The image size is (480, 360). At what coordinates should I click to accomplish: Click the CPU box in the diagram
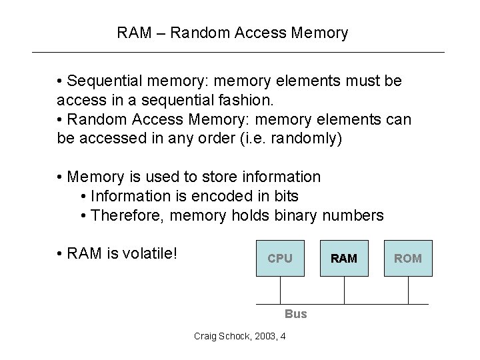pyautogui.click(x=280, y=258)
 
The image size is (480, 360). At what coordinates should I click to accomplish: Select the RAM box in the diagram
pyautogui.click(x=344, y=258)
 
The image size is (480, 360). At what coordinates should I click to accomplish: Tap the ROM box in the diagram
pyautogui.click(x=408, y=258)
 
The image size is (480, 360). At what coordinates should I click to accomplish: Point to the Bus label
pyautogui.click(x=295, y=313)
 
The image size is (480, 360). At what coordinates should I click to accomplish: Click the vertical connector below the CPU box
pyautogui.click(x=280, y=289)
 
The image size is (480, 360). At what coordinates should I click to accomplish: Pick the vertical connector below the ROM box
pyautogui.click(x=408, y=289)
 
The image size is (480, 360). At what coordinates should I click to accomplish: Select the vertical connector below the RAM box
pyautogui.click(x=344, y=289)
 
